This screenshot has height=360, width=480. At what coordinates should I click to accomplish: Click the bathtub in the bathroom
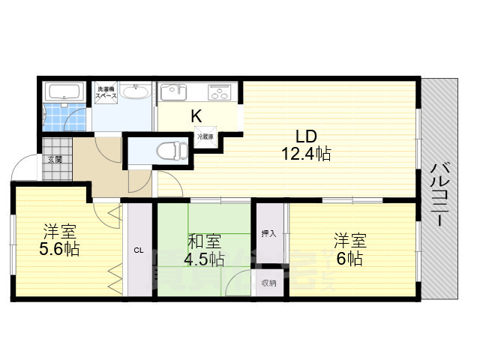click(64, 93)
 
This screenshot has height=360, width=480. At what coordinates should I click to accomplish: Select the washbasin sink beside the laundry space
click(135, 93)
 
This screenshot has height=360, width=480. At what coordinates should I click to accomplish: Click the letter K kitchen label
click(196, 115)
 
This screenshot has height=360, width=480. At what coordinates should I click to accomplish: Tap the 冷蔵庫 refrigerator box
click(205, 137)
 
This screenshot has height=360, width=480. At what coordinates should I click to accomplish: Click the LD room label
click(305, 137)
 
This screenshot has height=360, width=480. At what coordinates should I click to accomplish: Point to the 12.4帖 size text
click(306, 154)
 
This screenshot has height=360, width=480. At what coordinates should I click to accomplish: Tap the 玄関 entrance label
click(55, 159)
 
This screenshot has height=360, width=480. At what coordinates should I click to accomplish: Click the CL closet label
click(139, 250)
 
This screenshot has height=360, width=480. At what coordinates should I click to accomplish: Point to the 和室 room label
click(203, 241)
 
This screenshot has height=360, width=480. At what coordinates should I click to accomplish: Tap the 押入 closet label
click(268, 233)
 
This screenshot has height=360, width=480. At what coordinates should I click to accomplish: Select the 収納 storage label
click(268, 283)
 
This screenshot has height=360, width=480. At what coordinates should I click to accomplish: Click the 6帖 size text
click(349, 259)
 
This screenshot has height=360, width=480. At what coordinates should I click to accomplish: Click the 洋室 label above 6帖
click(349, 241)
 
